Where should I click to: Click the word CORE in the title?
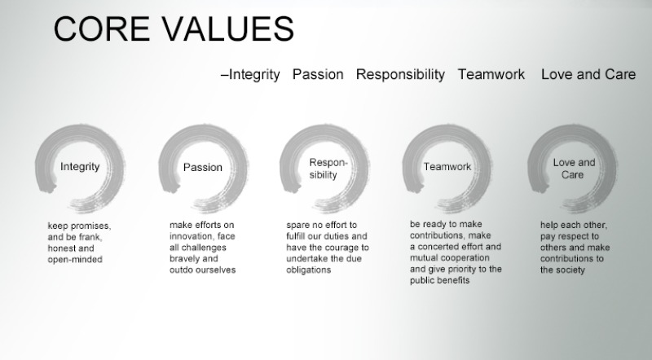pyautogui.click(x=102, y=29)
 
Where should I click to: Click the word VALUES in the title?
pyautogui.click(x=228, y=29)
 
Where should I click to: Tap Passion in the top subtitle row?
pyautogui.click(x=318, y=74)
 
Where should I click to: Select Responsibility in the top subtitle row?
pyautogui.click(x=400, y=75)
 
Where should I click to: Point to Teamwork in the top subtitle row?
pyautogui.click(x=491, y=74)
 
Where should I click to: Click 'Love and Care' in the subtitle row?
pyautogui.click(x=588, y=74)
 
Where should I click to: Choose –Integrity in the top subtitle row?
pyautogui.click(x=250, y=75)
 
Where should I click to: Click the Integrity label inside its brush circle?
pyautogui.click(x=80, y=167)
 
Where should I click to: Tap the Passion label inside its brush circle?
pyautogui.click(x=202, y=167)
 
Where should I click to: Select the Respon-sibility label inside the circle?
pyautogui.click(x=328, y=169)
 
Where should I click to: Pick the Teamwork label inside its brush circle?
pyautogui.click(x=447, y=167)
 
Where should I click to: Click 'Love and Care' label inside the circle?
pyautogui.click(x=574, y=169)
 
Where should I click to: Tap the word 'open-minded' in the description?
pyautogui.click(x=75, y=259)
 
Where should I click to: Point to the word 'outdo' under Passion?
pyautogui.click(x=179, y=270)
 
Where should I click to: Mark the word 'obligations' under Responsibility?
pyautogui.click(x=309, y=270)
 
